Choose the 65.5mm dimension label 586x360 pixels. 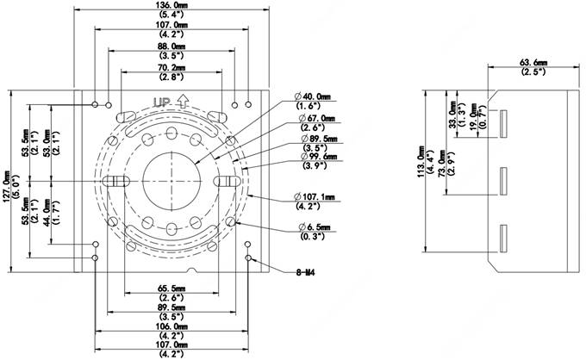pos(173,288)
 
